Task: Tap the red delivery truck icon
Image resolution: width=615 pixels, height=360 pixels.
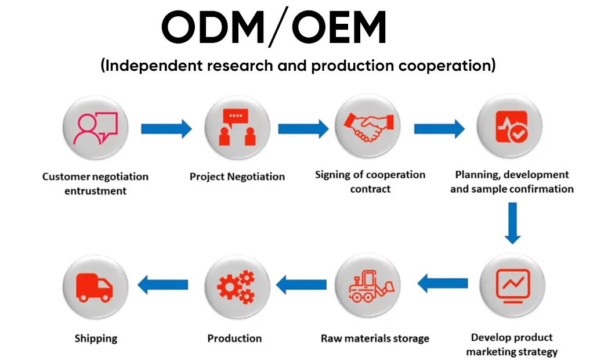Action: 95,287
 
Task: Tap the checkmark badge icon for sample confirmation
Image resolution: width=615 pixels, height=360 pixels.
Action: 510,127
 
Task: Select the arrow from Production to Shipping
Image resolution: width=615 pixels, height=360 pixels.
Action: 162,285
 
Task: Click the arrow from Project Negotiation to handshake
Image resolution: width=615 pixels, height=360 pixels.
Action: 303,128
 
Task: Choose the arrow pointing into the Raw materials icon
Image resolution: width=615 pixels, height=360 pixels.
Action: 443,284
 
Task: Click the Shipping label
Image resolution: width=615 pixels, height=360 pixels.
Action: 96,338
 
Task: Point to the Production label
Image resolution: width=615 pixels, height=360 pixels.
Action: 234,338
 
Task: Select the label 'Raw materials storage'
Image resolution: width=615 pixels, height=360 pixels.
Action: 375,338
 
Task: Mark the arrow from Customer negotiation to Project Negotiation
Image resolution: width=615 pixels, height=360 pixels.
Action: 166,128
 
